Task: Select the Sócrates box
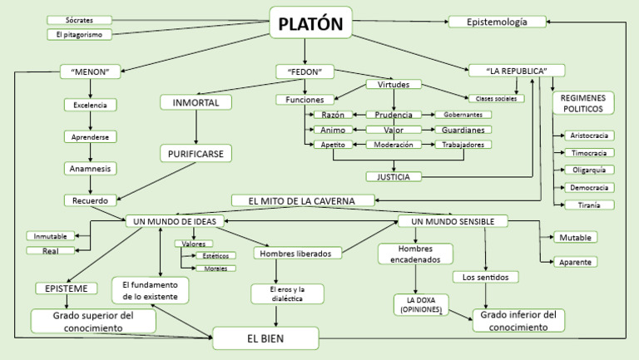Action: [79, 19]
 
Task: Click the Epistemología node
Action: [498, 22]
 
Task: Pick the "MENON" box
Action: [91, 72]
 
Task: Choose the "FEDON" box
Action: [305, 72]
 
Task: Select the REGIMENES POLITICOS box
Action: [584, 103]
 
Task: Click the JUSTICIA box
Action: [394, 176]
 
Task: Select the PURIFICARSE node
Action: [196, 154]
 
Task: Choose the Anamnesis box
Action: [91, 168]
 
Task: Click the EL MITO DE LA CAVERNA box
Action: [305, 200]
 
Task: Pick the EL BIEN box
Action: [265, 338]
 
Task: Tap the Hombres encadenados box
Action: [414, 254]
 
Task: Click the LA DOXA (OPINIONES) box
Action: [422, 304]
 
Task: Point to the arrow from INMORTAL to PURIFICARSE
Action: [196, 127]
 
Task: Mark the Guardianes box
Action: [462, 130]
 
